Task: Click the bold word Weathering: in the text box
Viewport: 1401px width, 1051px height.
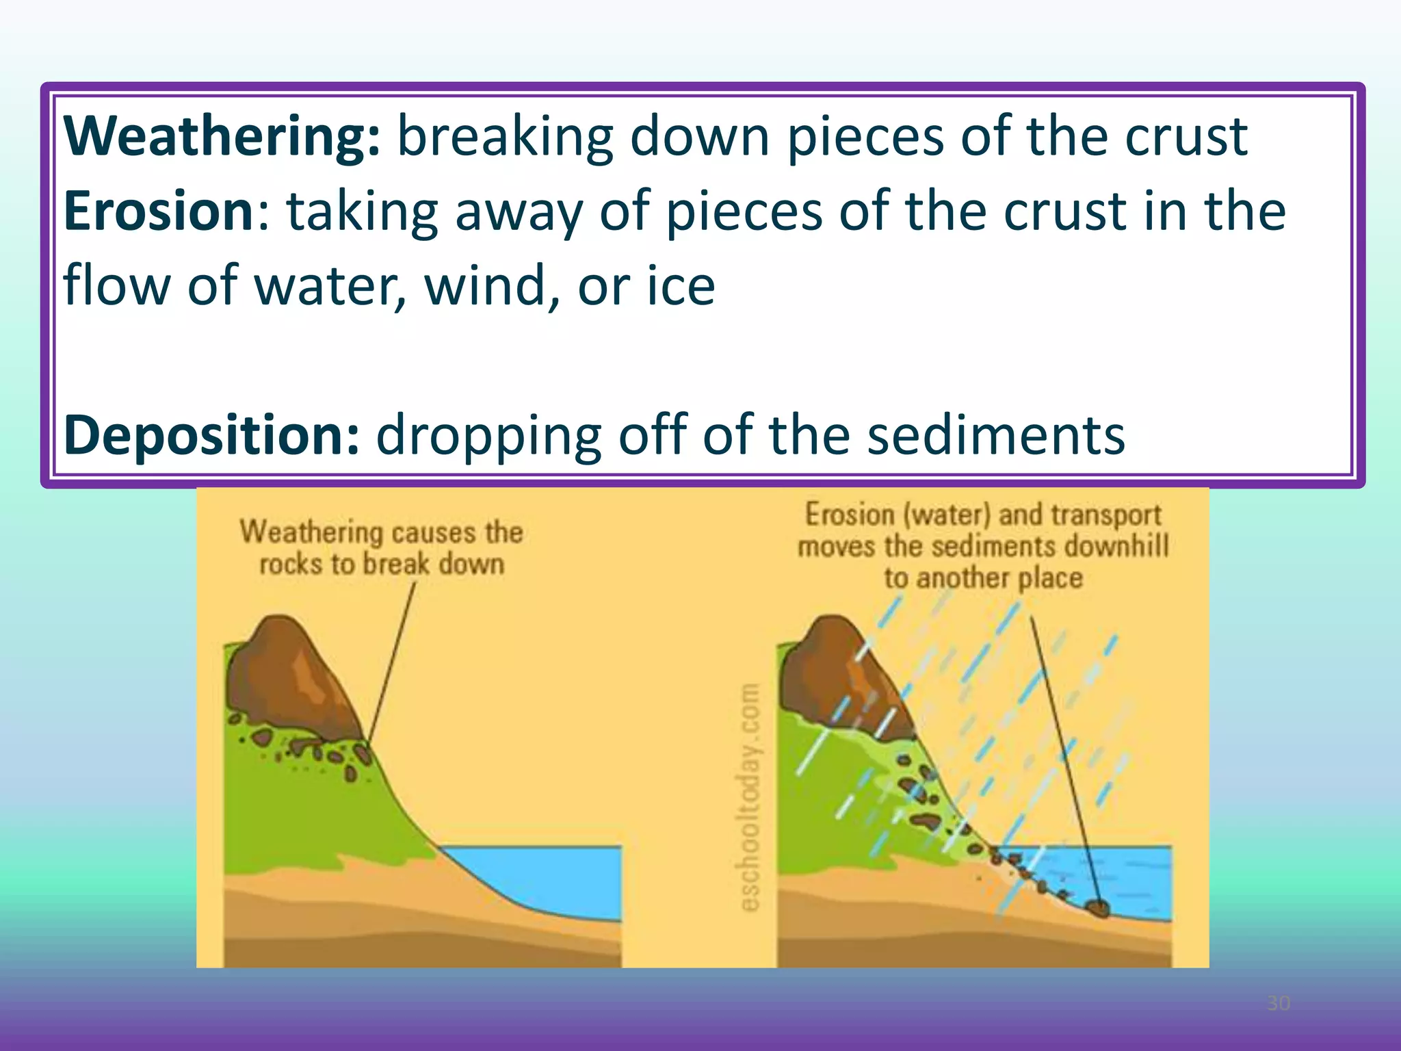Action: pos(221,137)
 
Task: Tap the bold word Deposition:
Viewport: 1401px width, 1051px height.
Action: pos(211,435)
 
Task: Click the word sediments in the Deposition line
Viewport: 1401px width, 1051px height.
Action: pos(996,435)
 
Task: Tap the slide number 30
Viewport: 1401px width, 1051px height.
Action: pos(1278,1003)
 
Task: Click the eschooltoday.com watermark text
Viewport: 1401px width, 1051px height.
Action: pos(750,797)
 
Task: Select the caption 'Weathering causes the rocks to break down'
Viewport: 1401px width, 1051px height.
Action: pos(381,548)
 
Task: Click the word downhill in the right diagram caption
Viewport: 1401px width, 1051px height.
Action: pos(1116,547)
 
